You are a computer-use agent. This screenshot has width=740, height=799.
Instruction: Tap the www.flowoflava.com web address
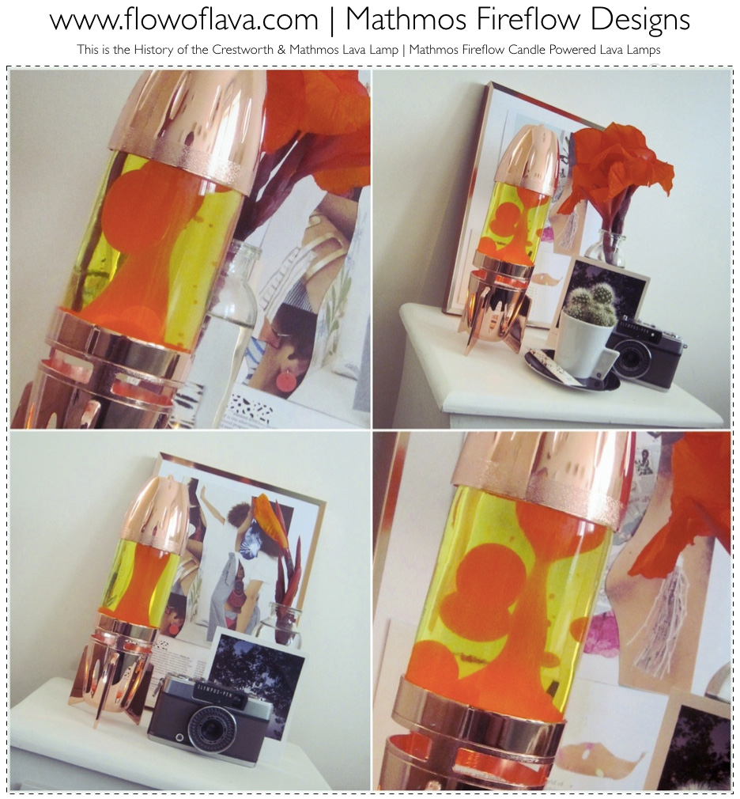[x=183, y=20]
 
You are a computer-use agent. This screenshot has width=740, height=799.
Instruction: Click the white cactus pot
[x=585, y=346]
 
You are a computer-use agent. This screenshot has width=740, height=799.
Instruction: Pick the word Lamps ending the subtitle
[x=643, y=50]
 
